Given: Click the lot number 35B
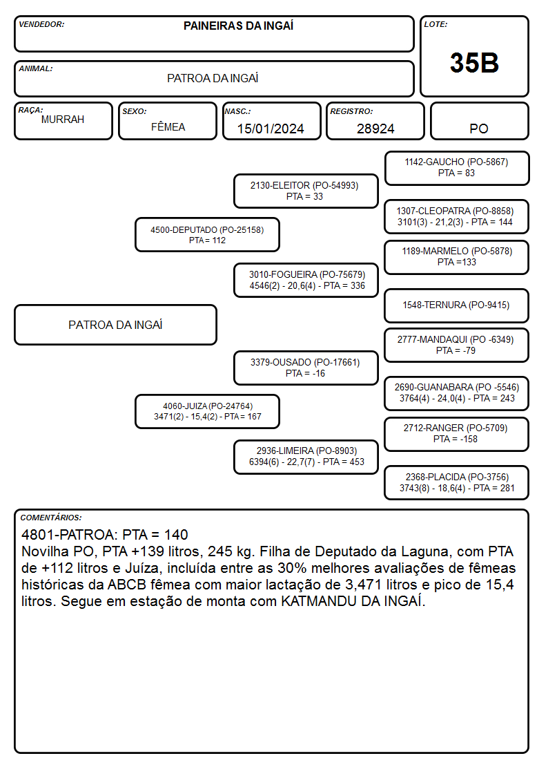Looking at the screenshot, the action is click(x=474, y=63).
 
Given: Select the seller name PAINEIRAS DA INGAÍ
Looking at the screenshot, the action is click(x=238, y=26).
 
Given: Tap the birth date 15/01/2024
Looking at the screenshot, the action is click(x=271, y=129).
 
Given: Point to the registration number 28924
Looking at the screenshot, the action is click(x=375, y=129).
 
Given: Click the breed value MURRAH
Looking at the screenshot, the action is click(x=63, y=120).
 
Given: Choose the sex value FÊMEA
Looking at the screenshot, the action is click(x=168, y=126).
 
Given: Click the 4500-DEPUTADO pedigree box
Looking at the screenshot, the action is click(x=207, y=234).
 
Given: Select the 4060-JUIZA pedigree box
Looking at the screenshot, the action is click(x=207, y=411).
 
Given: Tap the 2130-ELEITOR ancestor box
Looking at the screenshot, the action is click(x=306, y=191).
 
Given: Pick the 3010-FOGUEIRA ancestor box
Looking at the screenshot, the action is click(x=306, y=280).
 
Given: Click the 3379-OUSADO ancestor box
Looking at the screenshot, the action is click(x=306, y=368).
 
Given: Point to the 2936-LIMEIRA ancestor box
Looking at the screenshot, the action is click(x=306, y=457).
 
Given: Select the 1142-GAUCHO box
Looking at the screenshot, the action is click(x=457, y=168).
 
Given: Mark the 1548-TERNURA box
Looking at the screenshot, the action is click(x=457, y=305).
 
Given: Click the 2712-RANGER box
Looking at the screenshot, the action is click(x=457, y=434).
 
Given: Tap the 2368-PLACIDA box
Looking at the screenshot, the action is click(x=457, y=482).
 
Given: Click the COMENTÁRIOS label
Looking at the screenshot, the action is click(x=51, y=518).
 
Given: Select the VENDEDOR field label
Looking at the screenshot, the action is click(x=41, y=24).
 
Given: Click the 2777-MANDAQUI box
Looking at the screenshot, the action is click(x=457, y=345).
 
